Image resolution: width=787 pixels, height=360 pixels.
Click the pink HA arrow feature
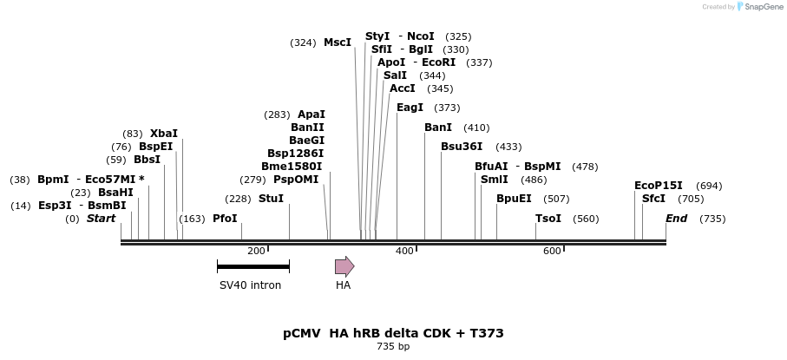344,266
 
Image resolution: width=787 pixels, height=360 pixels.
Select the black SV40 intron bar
252,266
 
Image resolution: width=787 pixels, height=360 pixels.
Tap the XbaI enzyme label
163,134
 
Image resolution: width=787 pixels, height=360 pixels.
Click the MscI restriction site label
338,43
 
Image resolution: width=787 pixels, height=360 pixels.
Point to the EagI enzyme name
410,108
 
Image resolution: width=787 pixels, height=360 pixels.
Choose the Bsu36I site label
462,147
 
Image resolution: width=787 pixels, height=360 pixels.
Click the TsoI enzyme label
548,219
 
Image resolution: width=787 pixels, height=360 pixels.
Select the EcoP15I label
659,186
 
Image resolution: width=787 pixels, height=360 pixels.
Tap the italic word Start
101,219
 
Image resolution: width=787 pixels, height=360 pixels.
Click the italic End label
676,219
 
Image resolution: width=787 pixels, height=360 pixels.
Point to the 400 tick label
404,252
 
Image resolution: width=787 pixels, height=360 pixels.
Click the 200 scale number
256,252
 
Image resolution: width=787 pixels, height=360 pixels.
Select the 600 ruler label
552,252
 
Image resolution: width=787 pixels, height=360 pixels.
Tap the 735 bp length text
393,347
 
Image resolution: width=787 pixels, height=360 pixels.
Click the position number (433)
508,147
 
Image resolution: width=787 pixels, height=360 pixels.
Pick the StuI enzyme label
271,199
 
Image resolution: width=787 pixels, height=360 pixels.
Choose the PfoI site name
225,219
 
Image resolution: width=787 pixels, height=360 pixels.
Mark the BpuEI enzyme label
514,199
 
